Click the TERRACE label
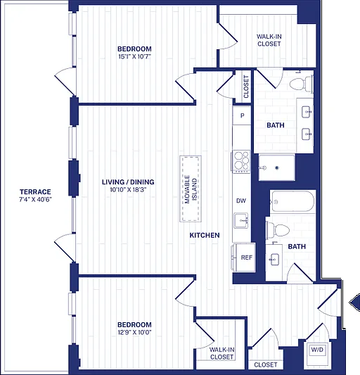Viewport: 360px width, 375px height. click(35, 192)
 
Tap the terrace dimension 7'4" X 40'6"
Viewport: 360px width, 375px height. click(35, 199)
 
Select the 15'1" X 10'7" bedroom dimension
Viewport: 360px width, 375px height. click(134, 57)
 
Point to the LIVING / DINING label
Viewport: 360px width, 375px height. click(128, 182)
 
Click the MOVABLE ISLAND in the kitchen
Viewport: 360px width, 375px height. click(191, 189)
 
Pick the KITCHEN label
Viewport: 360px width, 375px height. click(205, 235)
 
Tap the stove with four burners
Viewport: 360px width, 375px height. click(241, 160)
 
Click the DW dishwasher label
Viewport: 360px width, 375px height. click(241, 201)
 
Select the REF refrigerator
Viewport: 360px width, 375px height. click(243, 258)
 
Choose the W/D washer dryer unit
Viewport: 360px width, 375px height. click(317, 352)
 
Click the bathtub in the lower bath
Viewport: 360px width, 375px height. click(292, 201)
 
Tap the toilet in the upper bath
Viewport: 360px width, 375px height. click(301, 84)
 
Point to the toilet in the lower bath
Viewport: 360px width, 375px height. click(278, 230)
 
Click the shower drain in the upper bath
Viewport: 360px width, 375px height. click(277, 167)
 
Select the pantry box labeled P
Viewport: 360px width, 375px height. click(242, 115)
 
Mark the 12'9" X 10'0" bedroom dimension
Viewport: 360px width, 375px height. click(134, 332)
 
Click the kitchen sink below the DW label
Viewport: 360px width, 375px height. click(241, 220)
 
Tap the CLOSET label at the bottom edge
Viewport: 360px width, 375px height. click(266, 364)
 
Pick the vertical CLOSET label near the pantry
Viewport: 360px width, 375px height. click(246, 87)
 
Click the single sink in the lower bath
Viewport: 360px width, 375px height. click(274, 259)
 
